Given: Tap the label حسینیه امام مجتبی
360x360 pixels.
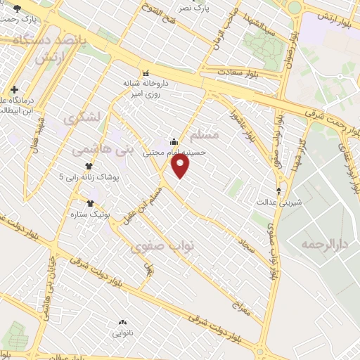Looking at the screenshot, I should [x=174, y=152].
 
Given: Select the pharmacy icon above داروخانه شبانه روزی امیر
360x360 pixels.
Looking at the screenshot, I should [x=146, y=72].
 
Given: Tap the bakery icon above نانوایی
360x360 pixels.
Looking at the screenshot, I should [x=121, y=322].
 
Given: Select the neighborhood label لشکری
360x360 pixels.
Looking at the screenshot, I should [x=79, y=120].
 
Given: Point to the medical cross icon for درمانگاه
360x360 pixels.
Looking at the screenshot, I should [x=15, y=89].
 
